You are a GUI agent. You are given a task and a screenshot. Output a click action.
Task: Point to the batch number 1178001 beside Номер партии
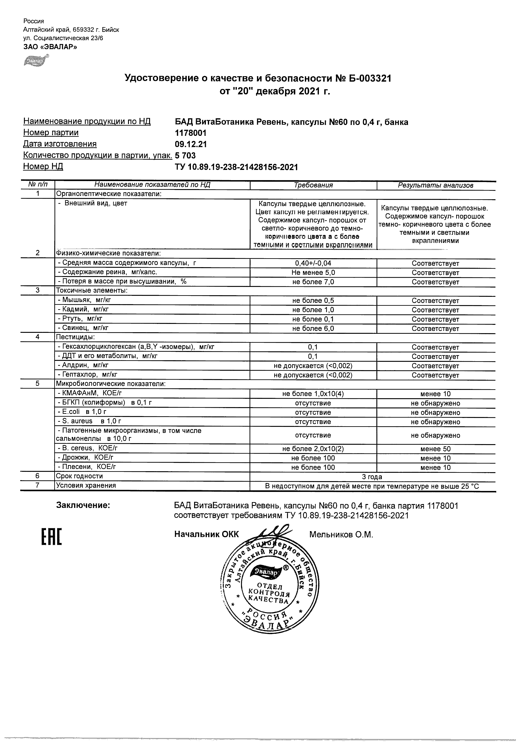click(191, 133)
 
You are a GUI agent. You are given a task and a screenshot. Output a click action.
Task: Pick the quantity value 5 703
click(185, 155)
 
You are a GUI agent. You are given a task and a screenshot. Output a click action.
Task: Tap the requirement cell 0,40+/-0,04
click(313, 263)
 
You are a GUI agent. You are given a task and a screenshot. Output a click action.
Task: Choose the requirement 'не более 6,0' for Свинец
click(313, 328)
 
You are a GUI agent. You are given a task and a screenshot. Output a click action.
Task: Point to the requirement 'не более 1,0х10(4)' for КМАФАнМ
click(313, 394)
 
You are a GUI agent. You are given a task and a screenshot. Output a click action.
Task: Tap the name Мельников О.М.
click(341, 535)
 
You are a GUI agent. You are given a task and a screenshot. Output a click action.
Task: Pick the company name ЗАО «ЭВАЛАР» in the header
click(50, 47)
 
